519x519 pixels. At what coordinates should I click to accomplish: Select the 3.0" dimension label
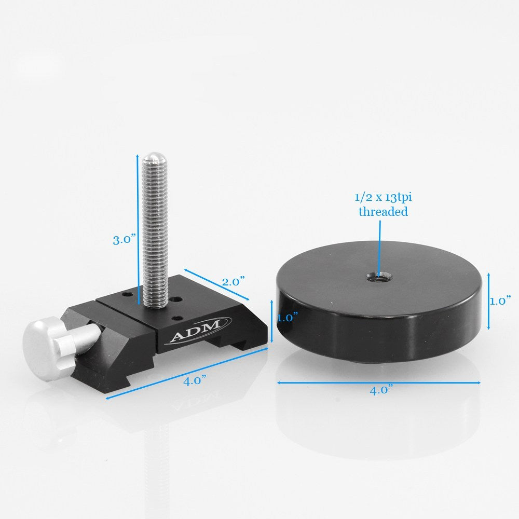coord(124,239)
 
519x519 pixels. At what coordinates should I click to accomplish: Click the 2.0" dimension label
coord(233,282)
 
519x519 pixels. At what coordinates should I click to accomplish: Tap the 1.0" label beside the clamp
coord(286,317)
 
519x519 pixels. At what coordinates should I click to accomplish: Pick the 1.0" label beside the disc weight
coord(500,301)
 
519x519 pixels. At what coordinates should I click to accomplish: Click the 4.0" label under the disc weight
coord(381,390)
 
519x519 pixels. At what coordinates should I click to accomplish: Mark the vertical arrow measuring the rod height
coord(138,228)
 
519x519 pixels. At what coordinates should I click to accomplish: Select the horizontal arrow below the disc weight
coord(379,383)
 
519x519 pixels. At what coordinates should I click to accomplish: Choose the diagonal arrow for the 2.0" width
coord(216,284)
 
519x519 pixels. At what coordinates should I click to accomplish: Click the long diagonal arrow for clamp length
coord(187,373)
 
